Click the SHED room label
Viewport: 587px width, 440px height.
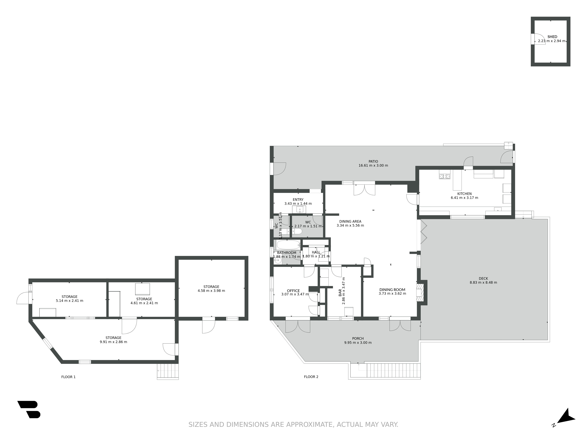coord(552,37)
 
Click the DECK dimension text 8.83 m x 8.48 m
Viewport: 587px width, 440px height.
coord(483,282)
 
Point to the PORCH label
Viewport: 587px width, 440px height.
coord(358,338)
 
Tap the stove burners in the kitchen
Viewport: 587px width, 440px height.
coord(445,176)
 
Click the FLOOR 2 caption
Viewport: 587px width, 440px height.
coord(311,377)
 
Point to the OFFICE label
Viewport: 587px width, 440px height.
coord(293,291)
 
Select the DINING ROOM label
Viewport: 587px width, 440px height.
coord(392,290)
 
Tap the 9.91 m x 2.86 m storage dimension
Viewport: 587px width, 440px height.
coord(113,342)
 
